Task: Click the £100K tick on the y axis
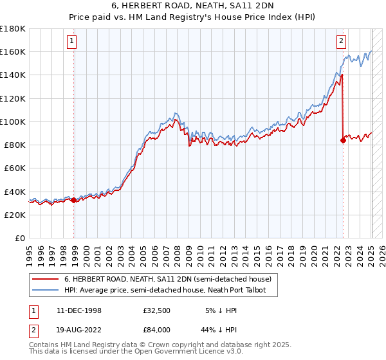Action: point(13,122)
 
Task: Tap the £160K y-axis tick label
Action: point(13,51)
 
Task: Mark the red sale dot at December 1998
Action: point(73,200)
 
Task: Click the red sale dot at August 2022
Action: point(342,141)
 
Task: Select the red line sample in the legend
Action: point(45,279)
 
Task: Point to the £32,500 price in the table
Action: point(156,310)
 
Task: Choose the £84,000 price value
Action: point(156,329)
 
